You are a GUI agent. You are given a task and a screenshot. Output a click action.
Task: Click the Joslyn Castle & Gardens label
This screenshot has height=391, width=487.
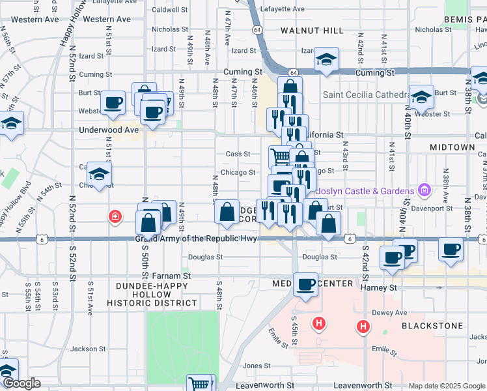pos(365,192)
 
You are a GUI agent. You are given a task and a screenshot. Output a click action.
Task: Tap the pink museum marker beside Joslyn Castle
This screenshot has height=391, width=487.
pos(424,191)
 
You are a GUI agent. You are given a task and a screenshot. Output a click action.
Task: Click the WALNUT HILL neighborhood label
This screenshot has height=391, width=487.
pos(312,31)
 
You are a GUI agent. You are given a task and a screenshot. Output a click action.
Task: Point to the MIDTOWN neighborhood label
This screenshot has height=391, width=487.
pos(452,148)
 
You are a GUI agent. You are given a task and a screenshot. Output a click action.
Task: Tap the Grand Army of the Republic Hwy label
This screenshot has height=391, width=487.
pos(197,239)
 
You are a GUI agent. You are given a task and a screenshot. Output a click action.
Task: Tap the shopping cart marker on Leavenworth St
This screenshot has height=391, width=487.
pos(200,384)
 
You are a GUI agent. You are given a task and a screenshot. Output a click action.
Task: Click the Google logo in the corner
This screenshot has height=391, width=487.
pos(21,384)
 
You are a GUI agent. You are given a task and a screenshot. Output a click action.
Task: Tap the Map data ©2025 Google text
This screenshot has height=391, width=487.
pos(446,386)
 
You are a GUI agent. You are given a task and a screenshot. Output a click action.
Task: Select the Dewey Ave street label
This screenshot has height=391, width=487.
pos(389,313)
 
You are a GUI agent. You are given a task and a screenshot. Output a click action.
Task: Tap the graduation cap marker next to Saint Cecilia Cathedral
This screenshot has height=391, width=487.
pos(421,96)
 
